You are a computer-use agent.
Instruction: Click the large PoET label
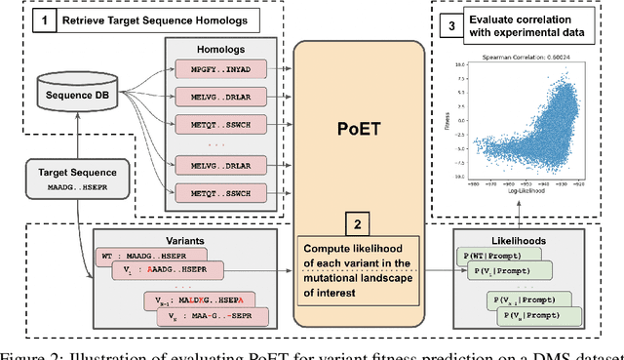(x=354, y=126)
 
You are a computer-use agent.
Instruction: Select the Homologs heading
(x=206, y=48)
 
